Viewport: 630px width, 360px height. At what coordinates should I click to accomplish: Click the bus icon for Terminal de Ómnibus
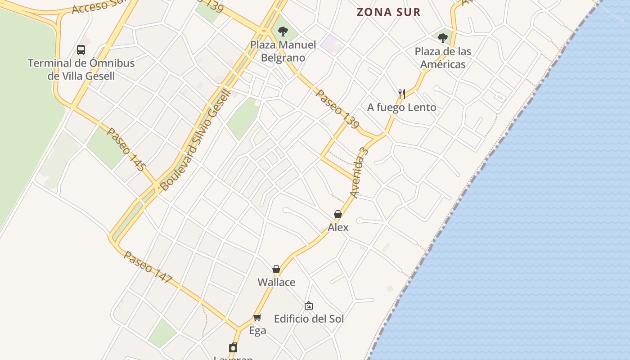[81, 49]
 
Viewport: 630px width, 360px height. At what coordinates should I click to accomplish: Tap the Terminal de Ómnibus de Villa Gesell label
[81, 69]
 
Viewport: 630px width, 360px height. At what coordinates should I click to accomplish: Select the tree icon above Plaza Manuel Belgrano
[283, 31]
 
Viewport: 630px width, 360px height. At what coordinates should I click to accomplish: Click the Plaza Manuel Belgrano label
[283, 51]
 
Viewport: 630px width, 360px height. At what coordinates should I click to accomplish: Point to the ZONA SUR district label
[388, 12]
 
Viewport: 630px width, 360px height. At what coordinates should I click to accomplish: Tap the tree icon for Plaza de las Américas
[443, 38]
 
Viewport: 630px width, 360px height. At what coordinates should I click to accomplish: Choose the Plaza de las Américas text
[443, 58]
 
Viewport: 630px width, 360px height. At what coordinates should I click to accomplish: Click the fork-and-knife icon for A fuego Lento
[402, 94]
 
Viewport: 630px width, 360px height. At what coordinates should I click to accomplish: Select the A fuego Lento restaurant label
[401, 107]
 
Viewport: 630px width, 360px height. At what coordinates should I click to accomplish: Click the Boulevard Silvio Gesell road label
[195, 139]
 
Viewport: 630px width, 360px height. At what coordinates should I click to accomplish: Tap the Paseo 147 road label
[148, 267]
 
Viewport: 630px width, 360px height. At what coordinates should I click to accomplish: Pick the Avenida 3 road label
[359, 172]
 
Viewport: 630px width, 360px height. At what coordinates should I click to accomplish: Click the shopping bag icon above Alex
[338, 214]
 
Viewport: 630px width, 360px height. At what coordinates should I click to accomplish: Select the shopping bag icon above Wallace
[276, 269]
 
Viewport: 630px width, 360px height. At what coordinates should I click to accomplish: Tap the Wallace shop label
[276, 282]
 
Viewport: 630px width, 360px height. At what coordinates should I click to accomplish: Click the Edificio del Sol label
[309, 319]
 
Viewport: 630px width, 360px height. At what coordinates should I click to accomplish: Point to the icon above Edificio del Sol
[309, 306]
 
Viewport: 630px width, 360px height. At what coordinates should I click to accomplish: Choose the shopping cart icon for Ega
[257, 317]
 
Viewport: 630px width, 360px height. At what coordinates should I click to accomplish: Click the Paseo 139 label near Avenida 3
[337, 108]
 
